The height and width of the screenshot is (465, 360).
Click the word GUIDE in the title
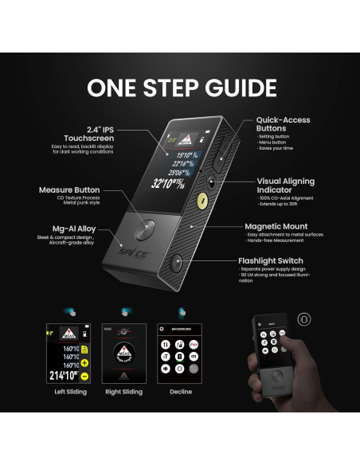click(230, 87)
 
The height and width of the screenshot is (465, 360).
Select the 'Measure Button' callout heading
click(69, 190)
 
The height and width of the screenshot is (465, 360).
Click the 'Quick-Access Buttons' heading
click(283, 125)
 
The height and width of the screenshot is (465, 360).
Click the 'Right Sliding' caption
click(123, 392)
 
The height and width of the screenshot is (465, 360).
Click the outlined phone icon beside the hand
click(303, 318)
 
